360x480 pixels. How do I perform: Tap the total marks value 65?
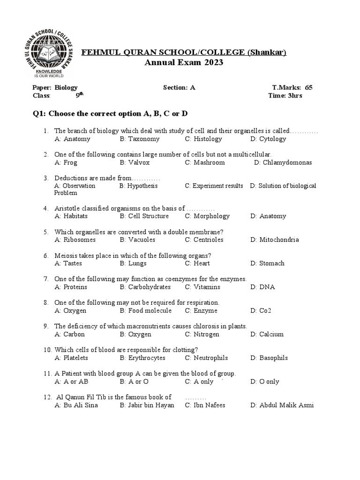click(x=308, y=87)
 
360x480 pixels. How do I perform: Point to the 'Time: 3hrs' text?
click(x=285, y=95)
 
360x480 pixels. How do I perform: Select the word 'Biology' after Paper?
click(x=66, y=87)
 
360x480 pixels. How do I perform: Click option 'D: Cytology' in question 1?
click(x=268, y=139)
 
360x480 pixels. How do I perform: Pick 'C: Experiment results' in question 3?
click(x=214, y=186)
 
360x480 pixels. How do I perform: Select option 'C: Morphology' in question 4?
click(x=207, y=216)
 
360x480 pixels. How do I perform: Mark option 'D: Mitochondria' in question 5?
click(x=274, y=240)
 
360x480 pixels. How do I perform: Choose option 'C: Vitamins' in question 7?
click(x=204, y=287)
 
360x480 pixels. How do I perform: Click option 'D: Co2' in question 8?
click(x=261, y=311)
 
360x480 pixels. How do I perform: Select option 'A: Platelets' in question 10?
click(x=71, y=358)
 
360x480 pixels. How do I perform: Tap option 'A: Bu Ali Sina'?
click(x=76, y=405)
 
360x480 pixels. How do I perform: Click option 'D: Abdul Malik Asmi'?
click(x=282, y=405)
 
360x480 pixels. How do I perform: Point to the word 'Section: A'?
click(x=179, y=87)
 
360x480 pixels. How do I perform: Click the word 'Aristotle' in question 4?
click(x=67, y=209)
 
